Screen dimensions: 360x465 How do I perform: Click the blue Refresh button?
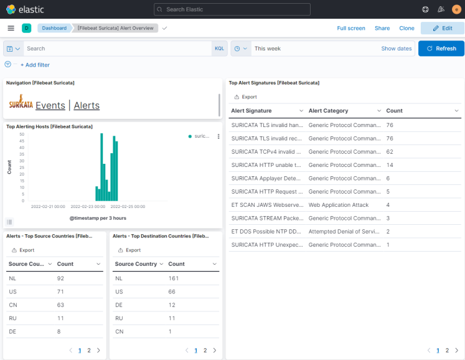[x=441, y=49]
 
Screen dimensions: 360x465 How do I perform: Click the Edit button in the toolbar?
[x=442, y=28]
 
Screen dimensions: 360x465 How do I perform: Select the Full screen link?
[x=351, y=28]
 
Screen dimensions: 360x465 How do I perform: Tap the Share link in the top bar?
[x=382, y=28]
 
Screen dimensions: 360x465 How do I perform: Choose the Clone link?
[x=406, y=28]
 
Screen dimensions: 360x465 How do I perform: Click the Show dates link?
[x=397, y=49]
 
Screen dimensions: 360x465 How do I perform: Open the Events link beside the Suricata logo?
[x=50, y=106]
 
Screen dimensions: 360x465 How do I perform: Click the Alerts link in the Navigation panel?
[x=87, y=106]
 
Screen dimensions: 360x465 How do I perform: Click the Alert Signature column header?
[x=251, y=111]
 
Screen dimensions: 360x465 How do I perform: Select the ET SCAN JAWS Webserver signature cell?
[x=266, y=205]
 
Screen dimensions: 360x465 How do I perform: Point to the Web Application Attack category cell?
[x=339, y=205]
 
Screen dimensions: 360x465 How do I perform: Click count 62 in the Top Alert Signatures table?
[x=390, y=151]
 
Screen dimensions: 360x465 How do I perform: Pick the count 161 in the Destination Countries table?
[x=174, y=278]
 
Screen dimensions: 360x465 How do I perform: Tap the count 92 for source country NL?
[x=61, y=278]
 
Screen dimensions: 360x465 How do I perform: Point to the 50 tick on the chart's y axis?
[x=22, y=135]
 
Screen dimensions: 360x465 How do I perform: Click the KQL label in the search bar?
[x=219, y=49]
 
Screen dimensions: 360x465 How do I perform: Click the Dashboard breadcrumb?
[x=54, y=28]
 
